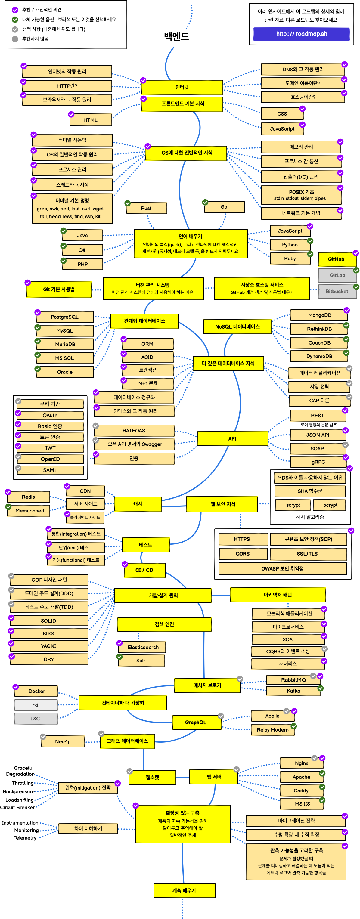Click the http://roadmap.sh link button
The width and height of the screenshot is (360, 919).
(x=302, y=34)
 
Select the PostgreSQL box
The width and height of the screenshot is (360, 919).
(x=65, y=317)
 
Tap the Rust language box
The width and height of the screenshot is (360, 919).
(x=146, y=208)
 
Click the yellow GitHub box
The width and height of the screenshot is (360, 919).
(x=337, y=259)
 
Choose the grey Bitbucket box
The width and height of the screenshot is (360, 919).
(x=337, y=292)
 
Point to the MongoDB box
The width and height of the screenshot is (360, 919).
(x=319, y=315)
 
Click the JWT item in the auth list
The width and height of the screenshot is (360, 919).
(x=50, y=448)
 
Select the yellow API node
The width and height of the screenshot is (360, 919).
(x=232, y=438)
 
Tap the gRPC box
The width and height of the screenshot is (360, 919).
(x=318, y=462)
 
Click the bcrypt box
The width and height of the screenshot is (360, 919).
(x=330, y=505)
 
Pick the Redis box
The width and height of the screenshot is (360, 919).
(x=28, y=497)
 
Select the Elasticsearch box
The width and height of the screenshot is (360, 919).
(x=143, y=647)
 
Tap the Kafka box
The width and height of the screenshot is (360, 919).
(x=293, y=691)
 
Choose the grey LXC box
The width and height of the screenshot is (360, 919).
(x=35, y=719)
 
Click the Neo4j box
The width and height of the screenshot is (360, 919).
(x=62, y=741)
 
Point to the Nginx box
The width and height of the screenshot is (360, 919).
(x=302, y=763)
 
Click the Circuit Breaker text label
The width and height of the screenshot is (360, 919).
(x=17, y=807)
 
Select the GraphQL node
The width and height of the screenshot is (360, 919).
(x=196, y=723)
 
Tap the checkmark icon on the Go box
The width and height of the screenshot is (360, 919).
(x=205, y=202)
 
